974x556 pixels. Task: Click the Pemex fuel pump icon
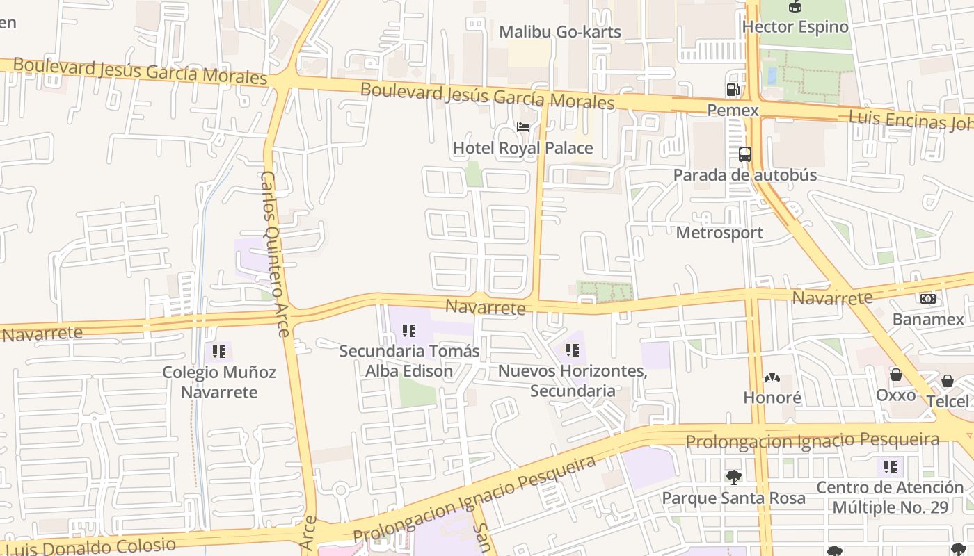[733, 90]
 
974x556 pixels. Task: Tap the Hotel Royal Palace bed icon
[523, 127]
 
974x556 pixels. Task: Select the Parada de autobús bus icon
[745, 154]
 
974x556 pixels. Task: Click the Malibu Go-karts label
[560, 32]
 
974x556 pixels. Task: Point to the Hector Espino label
[795, 27]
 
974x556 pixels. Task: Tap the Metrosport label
[719, 233]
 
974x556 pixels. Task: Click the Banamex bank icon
[928, 299]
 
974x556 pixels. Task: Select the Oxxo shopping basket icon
[896, 375]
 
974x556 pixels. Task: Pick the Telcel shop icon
[947, 381]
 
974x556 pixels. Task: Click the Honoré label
[772, 398]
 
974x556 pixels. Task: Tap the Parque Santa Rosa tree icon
[733, 477]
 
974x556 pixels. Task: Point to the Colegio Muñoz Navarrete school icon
[219, 352]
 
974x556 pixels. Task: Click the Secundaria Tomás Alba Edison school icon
[409, 331]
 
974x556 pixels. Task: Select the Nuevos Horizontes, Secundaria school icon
[573, 350]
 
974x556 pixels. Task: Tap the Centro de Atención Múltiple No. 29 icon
[890, 466]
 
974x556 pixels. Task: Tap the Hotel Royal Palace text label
[523, 148]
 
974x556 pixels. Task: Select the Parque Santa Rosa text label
[733, 498]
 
